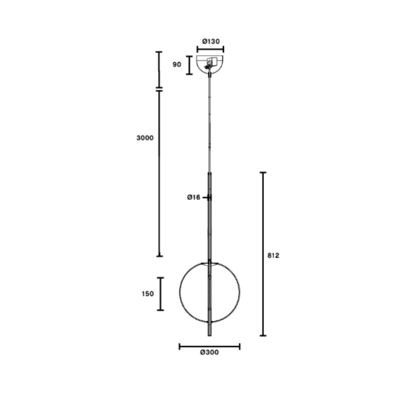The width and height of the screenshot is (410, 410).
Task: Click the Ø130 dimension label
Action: pyautogui.click(x=210, y=41)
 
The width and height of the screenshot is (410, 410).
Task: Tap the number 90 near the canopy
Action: pyautogui.click(x=177, y=65)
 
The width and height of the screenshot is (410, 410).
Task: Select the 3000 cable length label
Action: pyautogui.click(x=145, y=138)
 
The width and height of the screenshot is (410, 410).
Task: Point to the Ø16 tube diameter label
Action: pyautogui.click(x=194, y=197)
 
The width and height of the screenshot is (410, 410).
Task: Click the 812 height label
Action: pyautogui.click(x=273, y=255)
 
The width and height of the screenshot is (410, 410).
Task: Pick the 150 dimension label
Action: pyautogui.click(x=148, y=294)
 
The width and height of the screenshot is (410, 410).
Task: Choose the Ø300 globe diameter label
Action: pyautogui.click(x=210, y=353)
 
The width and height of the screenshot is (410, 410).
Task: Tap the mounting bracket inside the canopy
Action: pyautogui.click(x=210, y=61)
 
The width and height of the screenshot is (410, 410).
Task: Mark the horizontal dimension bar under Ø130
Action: pyautogui.click(x=210, y=49)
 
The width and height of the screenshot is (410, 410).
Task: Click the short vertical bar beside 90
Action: pyautogui.click(x=189, y=65)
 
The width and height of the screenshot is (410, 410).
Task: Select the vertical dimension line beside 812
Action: pyautogui.click(x=263, y=254)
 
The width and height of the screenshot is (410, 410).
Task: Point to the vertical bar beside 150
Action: pyautogui.click(x=161, y=294)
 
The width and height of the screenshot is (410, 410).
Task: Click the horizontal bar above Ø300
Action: pyautogui.click(x=210, y=346)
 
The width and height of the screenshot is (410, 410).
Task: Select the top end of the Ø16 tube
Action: pyautogui.click(x=209, y=173)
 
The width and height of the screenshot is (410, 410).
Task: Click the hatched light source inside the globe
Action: pyautogui.click(x=210, y=292)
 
